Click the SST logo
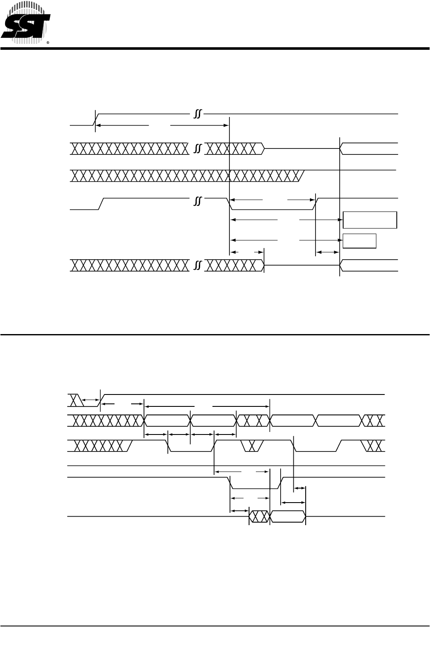pyautogui.click(x=26, y=23)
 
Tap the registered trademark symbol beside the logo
pyautogui.click(x=48, y=43)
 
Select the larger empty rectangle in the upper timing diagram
pyautogui.click(x=370, y=220)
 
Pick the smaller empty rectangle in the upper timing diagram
pyautogui.click(x=359, y=240)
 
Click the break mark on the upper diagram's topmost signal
pyautogui.click(x=197, y=114)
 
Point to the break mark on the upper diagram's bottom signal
pyautogui.click(x=197, y=266)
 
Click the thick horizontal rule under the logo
pyautogui.click(x=215, y=49)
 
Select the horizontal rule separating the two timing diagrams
pyautogui.click(x=215, y=334)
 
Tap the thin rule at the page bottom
pyautogui.click(x=215, y=626)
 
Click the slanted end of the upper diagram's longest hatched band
pyautogui.click(x=301, y=175)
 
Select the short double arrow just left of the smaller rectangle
pyautogui.click(x=327, y=253)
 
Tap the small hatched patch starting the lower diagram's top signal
pyautogui.click(x=75, y=400)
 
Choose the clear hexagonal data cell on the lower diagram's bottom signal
pyautogui.click(x=288, y=517)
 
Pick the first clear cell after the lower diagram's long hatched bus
pyautogui.click(x=167, y=420)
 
